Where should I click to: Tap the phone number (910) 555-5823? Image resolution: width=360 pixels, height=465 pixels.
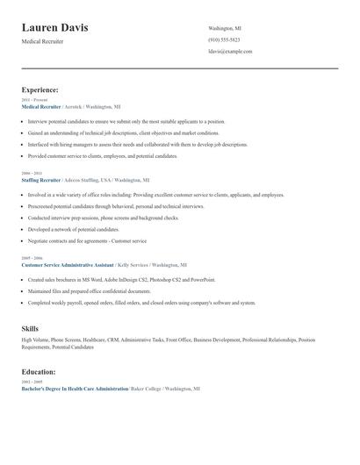click(225, 40)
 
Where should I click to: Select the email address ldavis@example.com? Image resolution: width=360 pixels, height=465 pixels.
click(230, 52)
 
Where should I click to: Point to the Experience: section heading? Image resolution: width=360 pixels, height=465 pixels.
click(40, 89)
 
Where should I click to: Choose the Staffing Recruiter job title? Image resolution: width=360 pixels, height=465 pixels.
click(40, 179)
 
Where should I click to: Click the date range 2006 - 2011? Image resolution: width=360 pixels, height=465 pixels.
click(31, 173)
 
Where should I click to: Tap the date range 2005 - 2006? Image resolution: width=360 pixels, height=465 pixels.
click(31, 257)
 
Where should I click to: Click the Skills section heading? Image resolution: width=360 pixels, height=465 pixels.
click(30, 328)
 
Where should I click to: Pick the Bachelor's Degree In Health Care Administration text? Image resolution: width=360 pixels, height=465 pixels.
click(75, 388)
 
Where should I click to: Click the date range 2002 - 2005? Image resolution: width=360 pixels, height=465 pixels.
click(31, 382)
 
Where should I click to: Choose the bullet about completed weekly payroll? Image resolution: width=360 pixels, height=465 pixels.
click(140, 303)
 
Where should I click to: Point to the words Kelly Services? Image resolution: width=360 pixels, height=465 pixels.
click(133, 263)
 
